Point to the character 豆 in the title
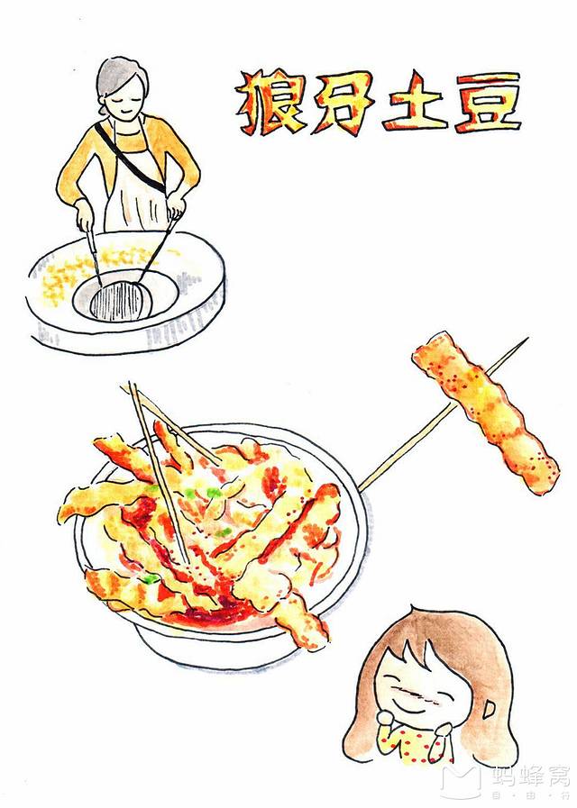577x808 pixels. [x=487, y=103]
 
